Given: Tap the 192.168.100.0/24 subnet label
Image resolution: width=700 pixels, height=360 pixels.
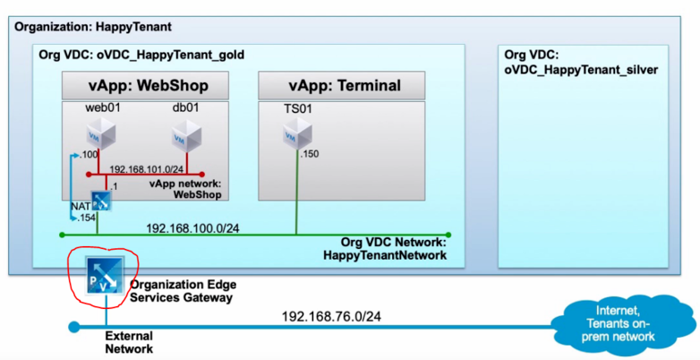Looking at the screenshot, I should (x=192, y=227).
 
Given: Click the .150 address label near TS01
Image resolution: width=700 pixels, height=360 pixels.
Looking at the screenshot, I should (x=311, y=156).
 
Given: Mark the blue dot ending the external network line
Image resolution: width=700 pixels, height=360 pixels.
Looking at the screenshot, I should (x=73, y=327).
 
